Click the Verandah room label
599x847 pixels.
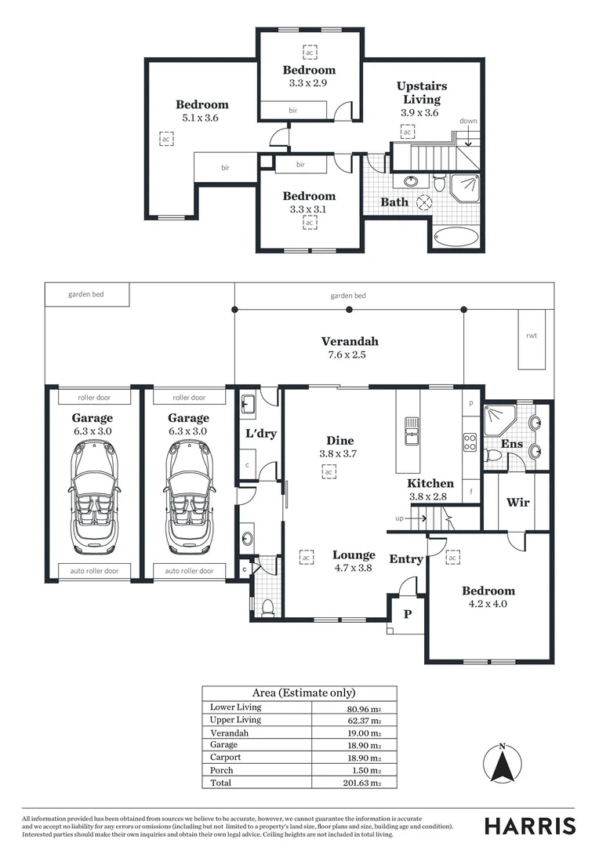click(x=350, y=341)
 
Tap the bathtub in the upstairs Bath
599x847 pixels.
click(x=456, y=237)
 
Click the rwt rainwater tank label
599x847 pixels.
click(x=532, y=336)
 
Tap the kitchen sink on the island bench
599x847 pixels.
click(x=412, y=431)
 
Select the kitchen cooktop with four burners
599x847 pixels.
click(x=470, y=442)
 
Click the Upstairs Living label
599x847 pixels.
click(x=422, y=93)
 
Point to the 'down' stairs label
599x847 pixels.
click(x=468, y=121)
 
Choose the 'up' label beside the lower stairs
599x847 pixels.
click(x=399, y=518)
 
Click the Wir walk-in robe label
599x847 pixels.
click(x=517, y=503)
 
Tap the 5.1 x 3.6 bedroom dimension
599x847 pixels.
click(x=201, y=118)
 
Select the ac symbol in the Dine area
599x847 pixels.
click(x=329, y=471)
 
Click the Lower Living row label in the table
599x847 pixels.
click(x=235, y=707)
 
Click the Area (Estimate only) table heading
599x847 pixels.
click(x=304, y=693)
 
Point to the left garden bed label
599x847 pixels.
click(x=86, y=294)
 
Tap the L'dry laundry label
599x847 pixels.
click(x=261, y=433)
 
